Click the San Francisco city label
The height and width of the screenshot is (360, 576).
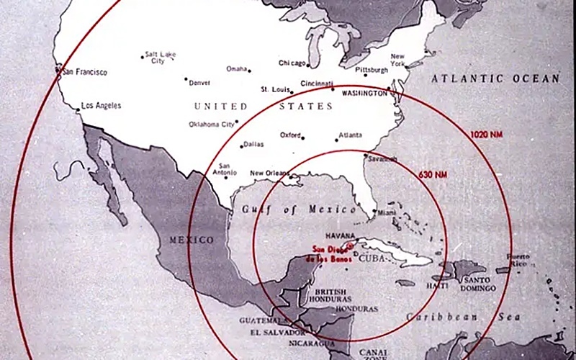click(85, 72)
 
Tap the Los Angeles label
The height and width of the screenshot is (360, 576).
click(102, 106)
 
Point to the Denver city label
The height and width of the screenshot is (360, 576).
click(199, 83)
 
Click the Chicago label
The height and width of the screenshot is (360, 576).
click(292, 63)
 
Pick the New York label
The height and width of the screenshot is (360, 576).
click(398, 60)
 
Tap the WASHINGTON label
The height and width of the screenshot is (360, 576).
click(364, 94)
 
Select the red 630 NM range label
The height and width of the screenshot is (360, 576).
click(432, 174)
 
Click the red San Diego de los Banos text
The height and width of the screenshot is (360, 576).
click(328, 253)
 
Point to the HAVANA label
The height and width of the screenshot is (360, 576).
click(341, 235)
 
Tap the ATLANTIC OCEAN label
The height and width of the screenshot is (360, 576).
click(495, 78)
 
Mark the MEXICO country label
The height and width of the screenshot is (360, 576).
click(190, 240)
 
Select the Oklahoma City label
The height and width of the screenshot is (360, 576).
click(212, 125)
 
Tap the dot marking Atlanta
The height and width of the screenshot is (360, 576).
click(336, 138)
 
